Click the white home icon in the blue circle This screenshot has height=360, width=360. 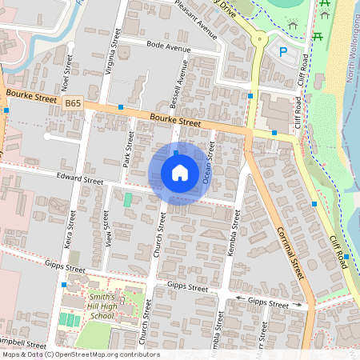[x=180, y=173]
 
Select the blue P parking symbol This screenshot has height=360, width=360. [x=282, y=52]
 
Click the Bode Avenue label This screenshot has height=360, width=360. [x=166, y=47]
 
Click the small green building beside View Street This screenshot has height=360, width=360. [x=127, y=199]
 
